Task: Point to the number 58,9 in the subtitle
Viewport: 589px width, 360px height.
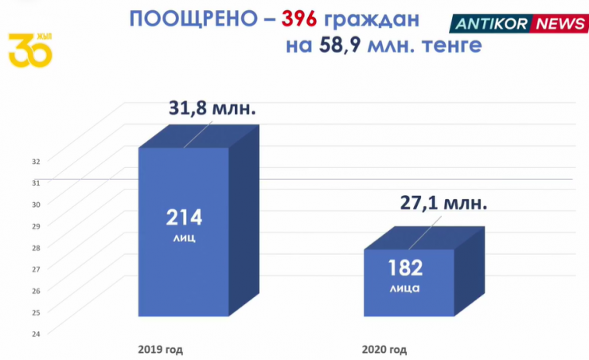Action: [341, 45]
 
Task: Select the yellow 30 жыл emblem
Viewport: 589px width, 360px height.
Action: [30, 49]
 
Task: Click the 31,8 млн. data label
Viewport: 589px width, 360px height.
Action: [212, 108]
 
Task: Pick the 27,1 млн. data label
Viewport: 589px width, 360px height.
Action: [442, 202]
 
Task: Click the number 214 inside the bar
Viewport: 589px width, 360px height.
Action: [184, 217]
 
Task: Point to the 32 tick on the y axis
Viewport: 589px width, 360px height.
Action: [36, 161]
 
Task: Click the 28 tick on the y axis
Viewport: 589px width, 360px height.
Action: [36, 247]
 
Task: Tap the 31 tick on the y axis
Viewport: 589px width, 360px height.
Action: [36, 182]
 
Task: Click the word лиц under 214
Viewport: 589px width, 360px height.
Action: [184, 237]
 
